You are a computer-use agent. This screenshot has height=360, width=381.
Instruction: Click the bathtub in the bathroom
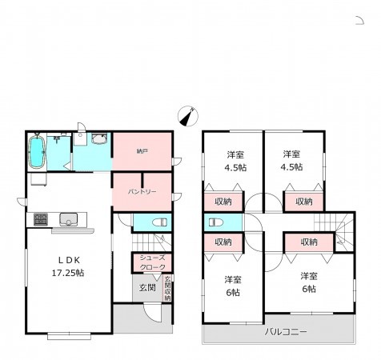pos(37,152)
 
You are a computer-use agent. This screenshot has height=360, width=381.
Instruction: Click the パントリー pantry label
pos(141,193)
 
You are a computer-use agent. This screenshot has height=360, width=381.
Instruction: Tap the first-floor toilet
pos(157,223)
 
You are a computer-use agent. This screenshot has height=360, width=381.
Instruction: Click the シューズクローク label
pos(152,262)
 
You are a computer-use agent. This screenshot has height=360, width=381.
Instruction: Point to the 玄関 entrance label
pos(147,287)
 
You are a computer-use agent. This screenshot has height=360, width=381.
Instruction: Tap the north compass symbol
pos(186,118)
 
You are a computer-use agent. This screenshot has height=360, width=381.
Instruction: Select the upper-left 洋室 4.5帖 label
pos(235,160)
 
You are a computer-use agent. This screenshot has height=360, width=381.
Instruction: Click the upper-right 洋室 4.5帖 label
pos(292,160)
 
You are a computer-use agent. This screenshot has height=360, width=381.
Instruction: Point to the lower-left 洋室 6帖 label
pos(233,286)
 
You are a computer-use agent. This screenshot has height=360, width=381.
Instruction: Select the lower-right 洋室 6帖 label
pos(310,282)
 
